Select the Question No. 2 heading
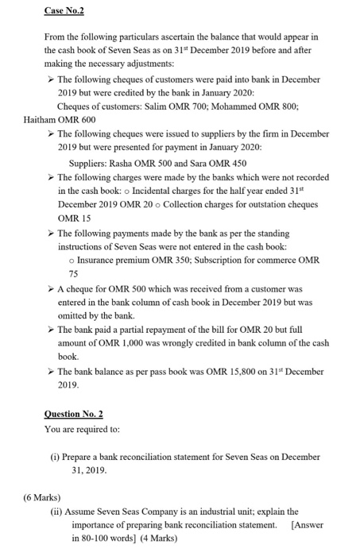click(x=74, y=414)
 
